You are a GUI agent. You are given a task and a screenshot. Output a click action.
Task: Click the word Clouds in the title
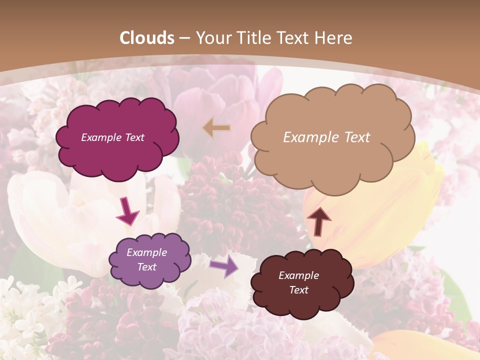(147, 38)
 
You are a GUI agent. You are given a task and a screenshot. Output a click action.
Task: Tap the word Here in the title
(333, 38)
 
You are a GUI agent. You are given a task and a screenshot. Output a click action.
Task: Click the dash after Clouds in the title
(184, 38)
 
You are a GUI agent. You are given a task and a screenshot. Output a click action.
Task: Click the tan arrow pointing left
(216, 128)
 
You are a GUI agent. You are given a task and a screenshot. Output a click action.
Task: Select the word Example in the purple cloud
(147, 252)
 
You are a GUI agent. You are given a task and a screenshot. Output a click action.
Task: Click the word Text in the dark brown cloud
(299, 290)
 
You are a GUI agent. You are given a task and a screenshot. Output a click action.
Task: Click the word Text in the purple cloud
(147, 267)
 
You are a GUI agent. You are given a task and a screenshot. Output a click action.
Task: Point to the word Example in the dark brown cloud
(299, 275)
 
